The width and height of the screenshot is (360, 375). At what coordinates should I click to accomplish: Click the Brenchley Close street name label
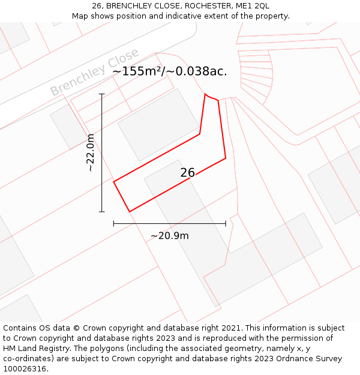click(x=94, y=72)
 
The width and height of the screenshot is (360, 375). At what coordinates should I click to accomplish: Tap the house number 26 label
click(x=188, y=173)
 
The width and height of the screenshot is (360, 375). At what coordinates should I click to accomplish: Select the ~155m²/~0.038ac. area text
click(x=170, y=71)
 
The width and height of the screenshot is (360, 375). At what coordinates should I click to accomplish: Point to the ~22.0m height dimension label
click(x=91, y=153)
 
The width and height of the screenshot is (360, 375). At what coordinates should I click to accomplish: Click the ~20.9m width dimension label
click(x=170, y=236)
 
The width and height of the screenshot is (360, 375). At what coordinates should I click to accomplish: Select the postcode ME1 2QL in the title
click(x=254, y=6)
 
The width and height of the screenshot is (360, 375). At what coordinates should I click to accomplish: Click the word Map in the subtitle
click(x=81, y=16)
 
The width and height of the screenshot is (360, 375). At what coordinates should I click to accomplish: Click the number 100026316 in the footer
click(x=25, y=369)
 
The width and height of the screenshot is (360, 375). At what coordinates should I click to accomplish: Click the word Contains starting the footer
click(x=22, y=328)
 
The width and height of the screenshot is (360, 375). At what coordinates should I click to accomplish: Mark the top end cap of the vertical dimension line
click(x=102, y=94)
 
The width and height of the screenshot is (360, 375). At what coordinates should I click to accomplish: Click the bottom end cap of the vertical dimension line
click(x=102, y=211)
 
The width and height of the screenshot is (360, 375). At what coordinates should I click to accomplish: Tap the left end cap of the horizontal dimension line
click(x=114, y=224)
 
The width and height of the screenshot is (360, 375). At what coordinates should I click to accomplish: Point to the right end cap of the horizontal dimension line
click(x=226, y=224)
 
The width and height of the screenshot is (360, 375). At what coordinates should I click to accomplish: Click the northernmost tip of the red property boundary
click(x=205, y=94)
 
